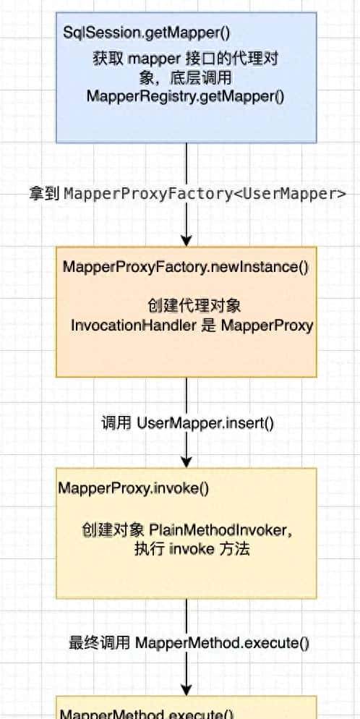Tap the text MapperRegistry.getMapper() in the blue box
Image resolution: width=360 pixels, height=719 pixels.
tap(186, 96)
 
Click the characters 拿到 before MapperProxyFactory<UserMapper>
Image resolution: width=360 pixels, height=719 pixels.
tap(45, 193)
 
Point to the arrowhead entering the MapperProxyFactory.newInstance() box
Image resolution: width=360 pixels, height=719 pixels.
tap(187, 240)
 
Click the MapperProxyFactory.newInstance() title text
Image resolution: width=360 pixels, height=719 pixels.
tap(186, 267)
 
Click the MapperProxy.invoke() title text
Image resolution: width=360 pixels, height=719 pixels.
tap(134, 488)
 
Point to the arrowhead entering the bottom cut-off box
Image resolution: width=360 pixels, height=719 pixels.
tap(187, 689)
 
